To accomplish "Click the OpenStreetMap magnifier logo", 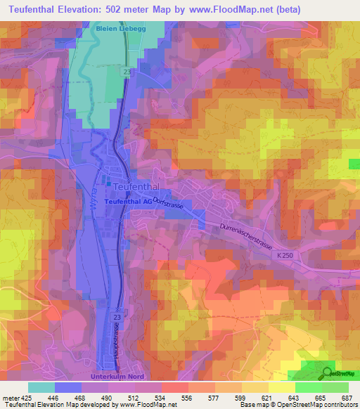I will coord(328,372).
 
